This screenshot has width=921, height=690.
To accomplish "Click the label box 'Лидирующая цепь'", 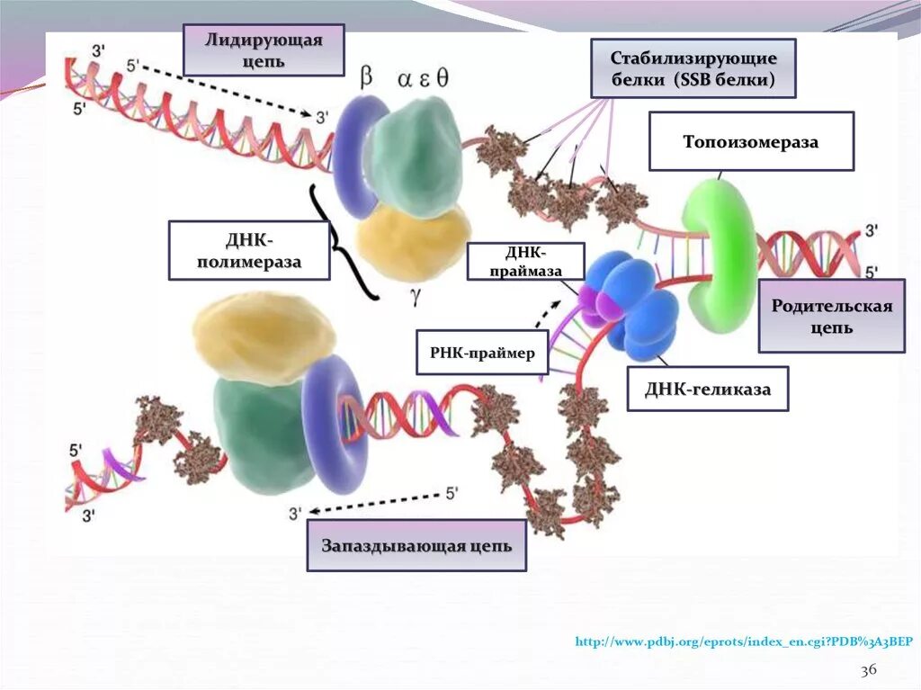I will click(264, 50).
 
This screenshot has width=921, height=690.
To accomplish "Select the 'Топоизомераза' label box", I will click(751, 142).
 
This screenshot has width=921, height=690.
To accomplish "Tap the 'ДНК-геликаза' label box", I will click(707, 389).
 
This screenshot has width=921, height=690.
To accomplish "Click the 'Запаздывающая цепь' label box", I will click(416, 545).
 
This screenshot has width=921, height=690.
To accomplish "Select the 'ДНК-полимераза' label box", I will click(249, 250).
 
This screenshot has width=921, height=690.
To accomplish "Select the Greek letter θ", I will click(443, 78).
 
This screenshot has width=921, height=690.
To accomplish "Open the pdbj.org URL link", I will click(743, 641).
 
